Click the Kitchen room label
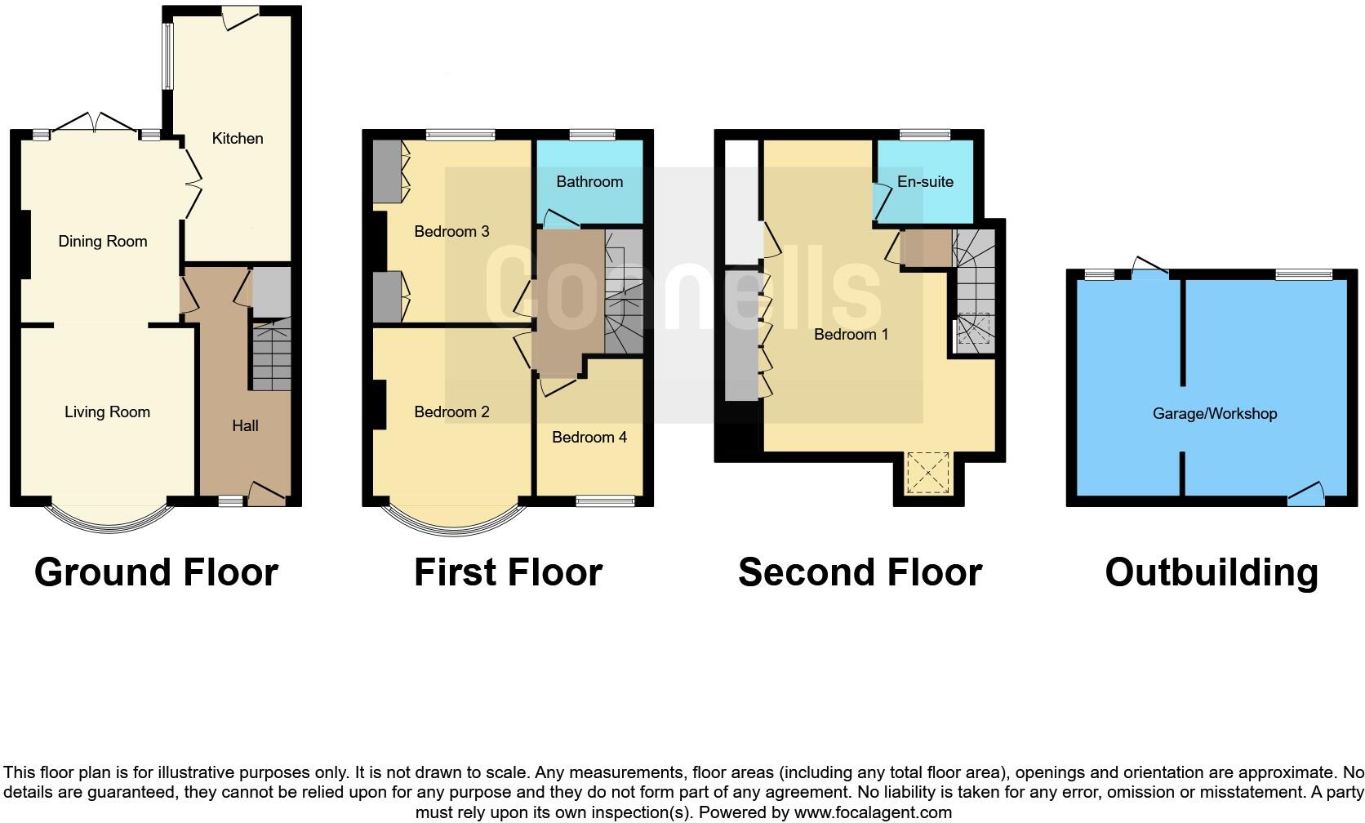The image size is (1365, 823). tap(238, 138)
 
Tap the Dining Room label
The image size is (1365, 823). tap(103, 241)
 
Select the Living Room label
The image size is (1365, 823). tap(107, 411)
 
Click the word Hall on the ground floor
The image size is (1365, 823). tap(245, 425)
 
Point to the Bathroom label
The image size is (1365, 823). tap(589, 181)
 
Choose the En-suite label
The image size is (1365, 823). tap(925, 181)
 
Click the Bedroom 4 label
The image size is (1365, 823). tap(589, 437)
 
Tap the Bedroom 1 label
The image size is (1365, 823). tap(851, 334)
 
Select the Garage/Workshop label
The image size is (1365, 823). tap(1214, 413)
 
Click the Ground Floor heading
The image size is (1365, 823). tap(156, 572)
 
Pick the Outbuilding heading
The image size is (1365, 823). tap(1212, 572)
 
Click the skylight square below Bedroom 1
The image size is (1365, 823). tap(929, 473)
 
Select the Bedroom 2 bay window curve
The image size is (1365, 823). tap(453, 527)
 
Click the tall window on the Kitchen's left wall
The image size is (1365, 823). tap(167, 56)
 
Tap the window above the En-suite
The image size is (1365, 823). tap(925, 135)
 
